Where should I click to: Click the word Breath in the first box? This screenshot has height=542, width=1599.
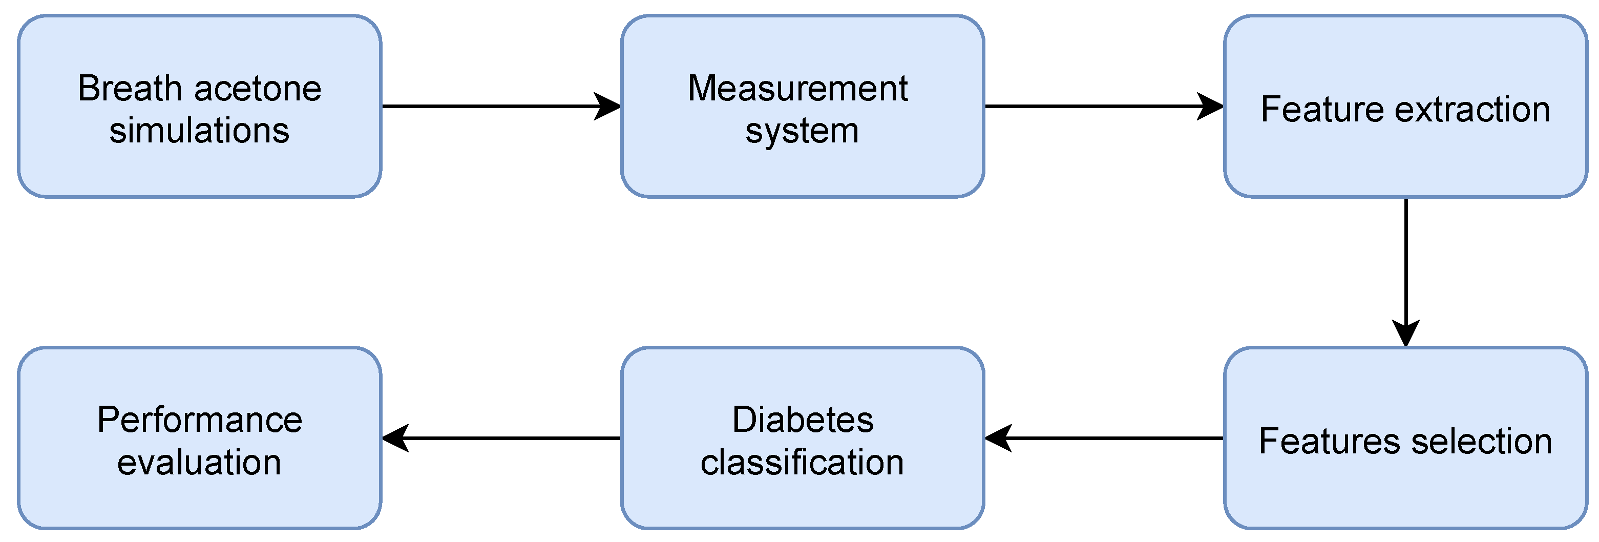coord(129,88)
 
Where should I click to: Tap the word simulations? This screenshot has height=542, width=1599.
coord(199,131)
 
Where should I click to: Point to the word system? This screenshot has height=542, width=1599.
coord(802,132)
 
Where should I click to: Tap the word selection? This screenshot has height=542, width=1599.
coord(1482,442)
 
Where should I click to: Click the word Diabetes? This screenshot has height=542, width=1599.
coord(803,420)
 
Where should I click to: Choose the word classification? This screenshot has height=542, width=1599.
coord(802,463)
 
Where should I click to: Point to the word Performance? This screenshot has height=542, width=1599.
coord(199,420)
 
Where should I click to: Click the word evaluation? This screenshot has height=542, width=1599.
coord(199,463)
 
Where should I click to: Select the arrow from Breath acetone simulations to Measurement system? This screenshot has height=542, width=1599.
coord(497,106)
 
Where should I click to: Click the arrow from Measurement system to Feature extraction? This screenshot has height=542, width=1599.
coord(1099,106)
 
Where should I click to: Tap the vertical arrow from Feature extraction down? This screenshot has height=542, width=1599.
coord(1406,267)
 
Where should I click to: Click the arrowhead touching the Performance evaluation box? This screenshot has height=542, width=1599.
coord(396,439)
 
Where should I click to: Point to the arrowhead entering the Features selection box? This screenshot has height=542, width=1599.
coord(1406,333)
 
